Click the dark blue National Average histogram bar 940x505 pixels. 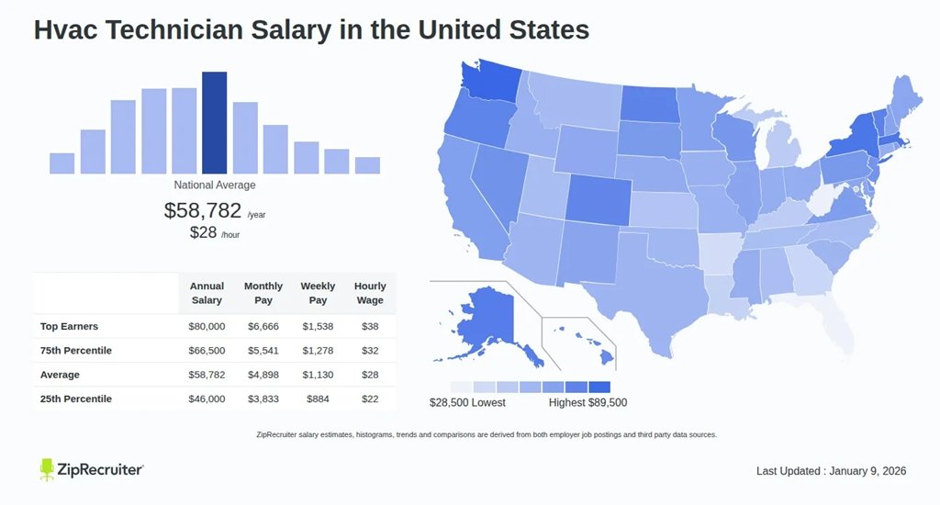[x=214, y=122]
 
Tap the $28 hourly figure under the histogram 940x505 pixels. [x=203, y=232]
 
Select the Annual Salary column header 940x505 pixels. [x=207, y=294]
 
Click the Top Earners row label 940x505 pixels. [x=69, y=327]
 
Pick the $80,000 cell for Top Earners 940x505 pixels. [x=207, y=327]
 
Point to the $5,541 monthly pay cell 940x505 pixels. [x=263, y=351]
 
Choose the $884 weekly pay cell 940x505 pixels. [x=319, y=398]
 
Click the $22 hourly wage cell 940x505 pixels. [x=370, y=398]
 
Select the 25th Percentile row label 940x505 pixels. [x=76, y=398]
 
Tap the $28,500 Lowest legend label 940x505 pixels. [x=467, y=402]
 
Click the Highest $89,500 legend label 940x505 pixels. [x=587, y=402]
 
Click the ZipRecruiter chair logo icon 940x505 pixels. [x=48, y=469]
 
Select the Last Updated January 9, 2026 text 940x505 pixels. [x=831, y=471]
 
